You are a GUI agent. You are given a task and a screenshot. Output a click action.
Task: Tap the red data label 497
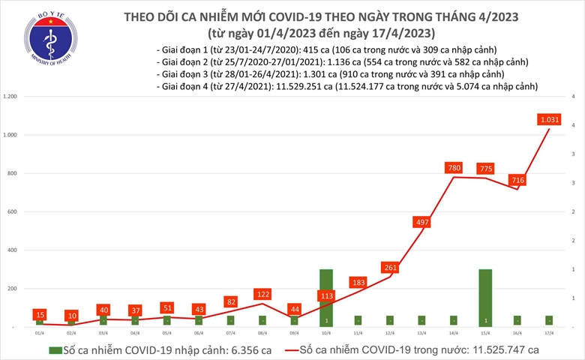click(x=421, y=222)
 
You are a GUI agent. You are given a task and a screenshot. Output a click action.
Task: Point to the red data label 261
click(x=389, y=268)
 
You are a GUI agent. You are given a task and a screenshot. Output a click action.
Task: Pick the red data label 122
click(x=262, y=294)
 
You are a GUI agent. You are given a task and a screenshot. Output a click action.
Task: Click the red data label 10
click(x=71, y=316)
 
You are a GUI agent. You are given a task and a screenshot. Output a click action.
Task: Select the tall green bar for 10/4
click(x=326, y=297)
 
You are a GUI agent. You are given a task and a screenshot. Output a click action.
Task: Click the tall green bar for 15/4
click(x=485, y=297)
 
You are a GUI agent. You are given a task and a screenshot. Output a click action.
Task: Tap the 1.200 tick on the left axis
click(x=10, y=97)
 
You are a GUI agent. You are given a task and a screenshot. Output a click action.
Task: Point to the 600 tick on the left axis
click(x=12, y=212)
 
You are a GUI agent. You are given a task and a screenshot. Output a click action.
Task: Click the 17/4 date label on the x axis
click(x=549, y=332)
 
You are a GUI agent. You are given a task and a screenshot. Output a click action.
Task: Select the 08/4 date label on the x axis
click(x=262, y=332)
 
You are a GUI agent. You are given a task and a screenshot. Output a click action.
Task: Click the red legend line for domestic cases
click(x=286, y=349)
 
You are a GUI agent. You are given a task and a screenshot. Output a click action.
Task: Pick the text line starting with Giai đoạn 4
click(x=348, y=88)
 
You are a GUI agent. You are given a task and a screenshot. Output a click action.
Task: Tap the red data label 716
click(x=517, y=180)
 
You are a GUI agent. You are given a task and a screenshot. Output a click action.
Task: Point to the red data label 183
click(x=358, y=282)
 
